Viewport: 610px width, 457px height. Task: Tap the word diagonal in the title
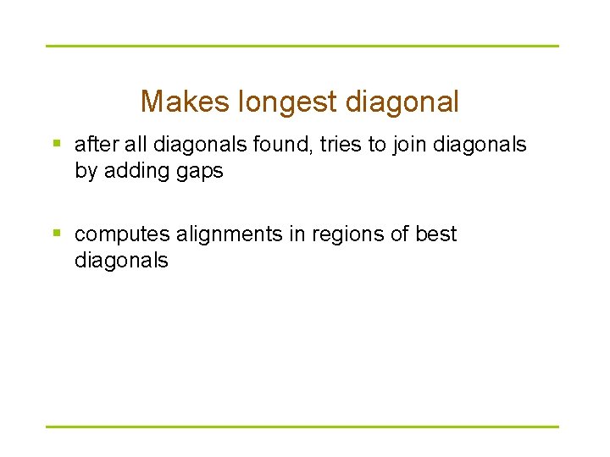402,102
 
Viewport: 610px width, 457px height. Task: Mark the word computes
119,234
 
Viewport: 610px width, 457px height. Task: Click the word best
436,234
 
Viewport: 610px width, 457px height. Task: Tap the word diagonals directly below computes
121,261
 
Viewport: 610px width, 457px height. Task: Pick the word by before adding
86,171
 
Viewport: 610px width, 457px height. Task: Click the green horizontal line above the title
302,46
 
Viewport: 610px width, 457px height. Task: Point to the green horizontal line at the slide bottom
302,427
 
